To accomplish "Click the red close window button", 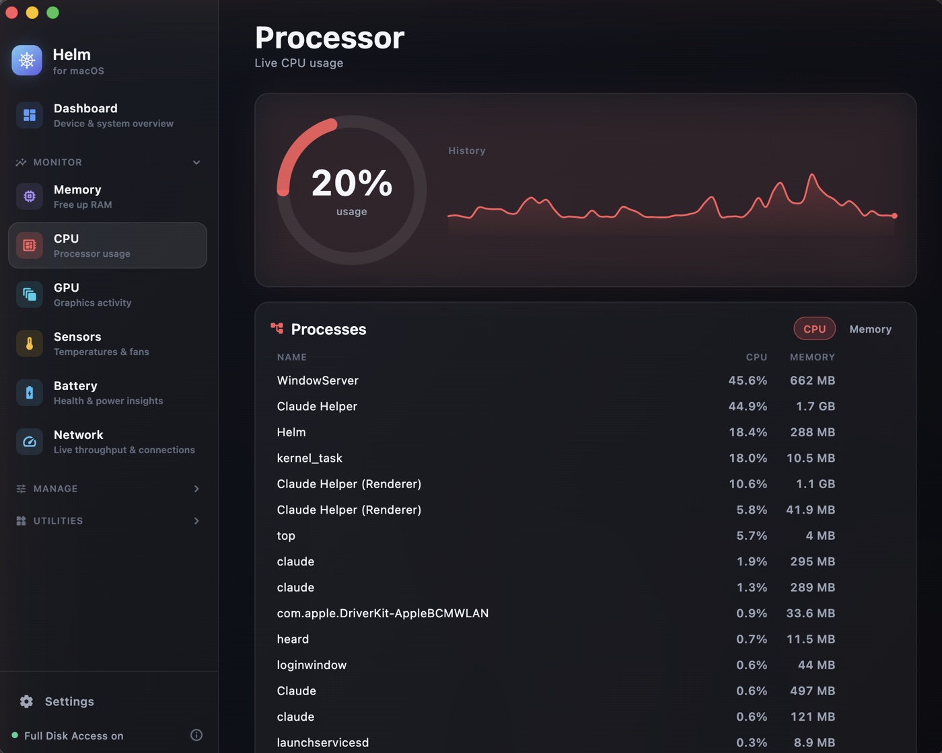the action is (x=12, y=13).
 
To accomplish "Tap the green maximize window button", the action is (x=53, y=13).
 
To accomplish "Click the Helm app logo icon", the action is (x=27, y=61).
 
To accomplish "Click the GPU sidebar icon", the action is (x=30, y=294).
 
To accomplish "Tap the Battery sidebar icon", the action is (x=30, y=393).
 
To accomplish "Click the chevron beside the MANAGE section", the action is (x=196, y=489).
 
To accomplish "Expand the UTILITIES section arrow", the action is (x=196, y=520).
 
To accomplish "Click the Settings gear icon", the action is (x=26, y=701).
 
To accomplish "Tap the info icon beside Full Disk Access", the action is (x=196, y=735).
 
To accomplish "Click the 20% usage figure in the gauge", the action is (x=351, y=183).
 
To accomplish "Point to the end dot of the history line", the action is (x=895, y=216).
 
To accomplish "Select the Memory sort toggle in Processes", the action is (x=870, y=329).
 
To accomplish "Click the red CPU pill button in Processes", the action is (x=815, y=329).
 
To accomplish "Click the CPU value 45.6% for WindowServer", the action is (x=748, y=381).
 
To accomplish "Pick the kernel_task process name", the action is (x=310, y=458).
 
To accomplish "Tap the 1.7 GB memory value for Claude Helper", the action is (x=816, y=406).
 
